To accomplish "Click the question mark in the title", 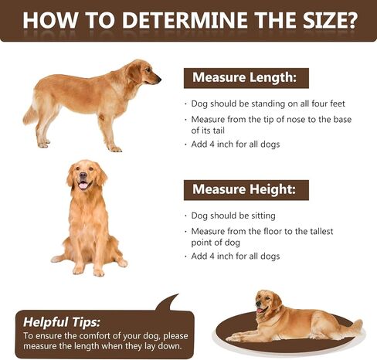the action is point(351,20).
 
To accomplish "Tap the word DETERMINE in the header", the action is point(185,20).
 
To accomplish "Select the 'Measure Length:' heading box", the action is point(246,78).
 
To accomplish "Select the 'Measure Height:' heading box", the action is point(246,190).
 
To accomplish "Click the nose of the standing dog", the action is point(159,79).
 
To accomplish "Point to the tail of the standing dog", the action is point(29,114).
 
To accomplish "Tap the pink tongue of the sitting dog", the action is point(83,185).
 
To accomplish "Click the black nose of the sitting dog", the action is point(83,175).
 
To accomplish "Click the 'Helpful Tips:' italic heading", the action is point(61,322).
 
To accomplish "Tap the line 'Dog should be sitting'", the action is point(233,216).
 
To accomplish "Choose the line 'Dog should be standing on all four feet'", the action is point(268,104).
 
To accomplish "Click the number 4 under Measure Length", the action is point(212,144).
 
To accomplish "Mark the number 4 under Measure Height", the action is point(212,256).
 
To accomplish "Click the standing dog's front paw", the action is point(115,149).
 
